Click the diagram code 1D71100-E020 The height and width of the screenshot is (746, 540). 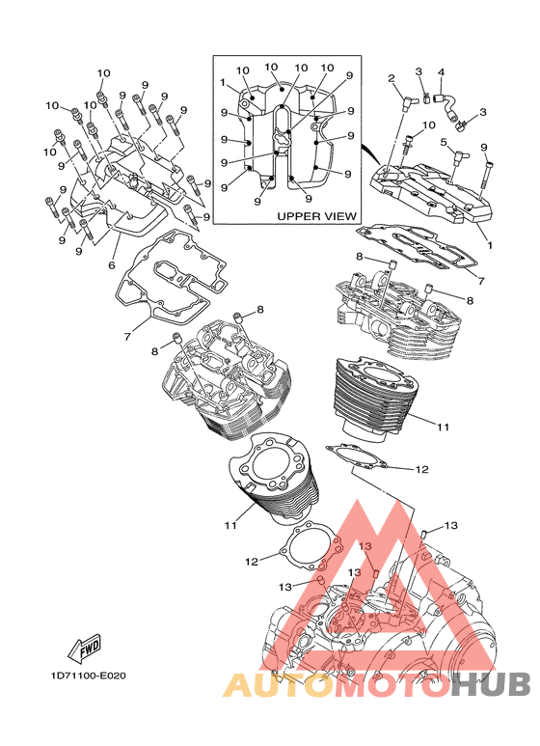coord(89,676)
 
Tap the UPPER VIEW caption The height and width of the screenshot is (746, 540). coord(316,216)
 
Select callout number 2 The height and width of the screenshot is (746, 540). coord(391,78)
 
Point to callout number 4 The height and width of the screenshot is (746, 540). coord(441,72)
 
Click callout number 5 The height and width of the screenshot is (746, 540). coord(444,142)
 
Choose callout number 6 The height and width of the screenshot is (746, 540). coord(112,265)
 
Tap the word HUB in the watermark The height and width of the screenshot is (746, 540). coord(490,684)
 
